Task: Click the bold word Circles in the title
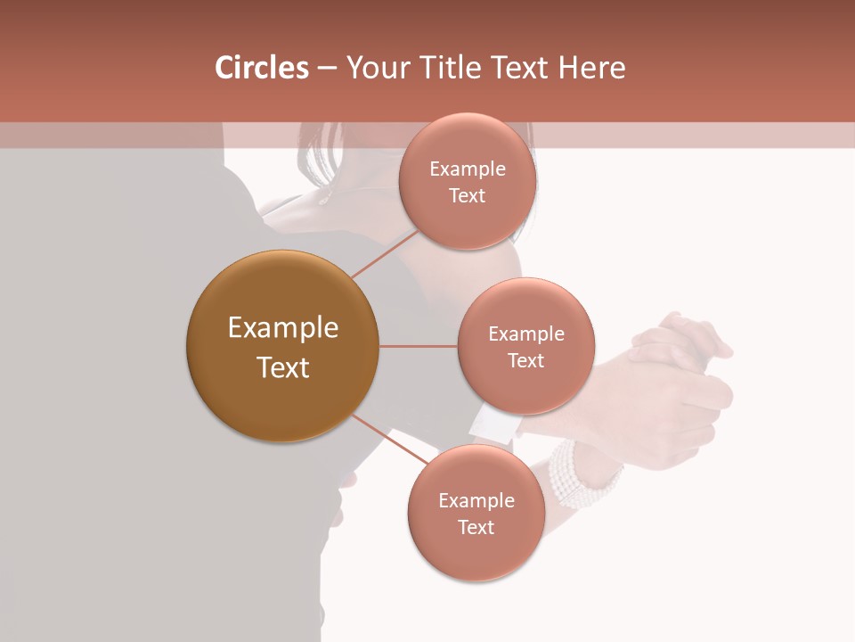coord(262,68)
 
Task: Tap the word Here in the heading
coord(591,68)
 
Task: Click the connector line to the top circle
coord(385,252)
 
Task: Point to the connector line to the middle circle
coord(418,346)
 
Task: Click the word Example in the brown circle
coord(282,328)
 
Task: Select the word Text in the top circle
coord(468,195)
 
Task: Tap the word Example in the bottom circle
coord(476,500)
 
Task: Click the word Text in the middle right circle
coord(525,360)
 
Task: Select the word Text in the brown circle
coord(282,367)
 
